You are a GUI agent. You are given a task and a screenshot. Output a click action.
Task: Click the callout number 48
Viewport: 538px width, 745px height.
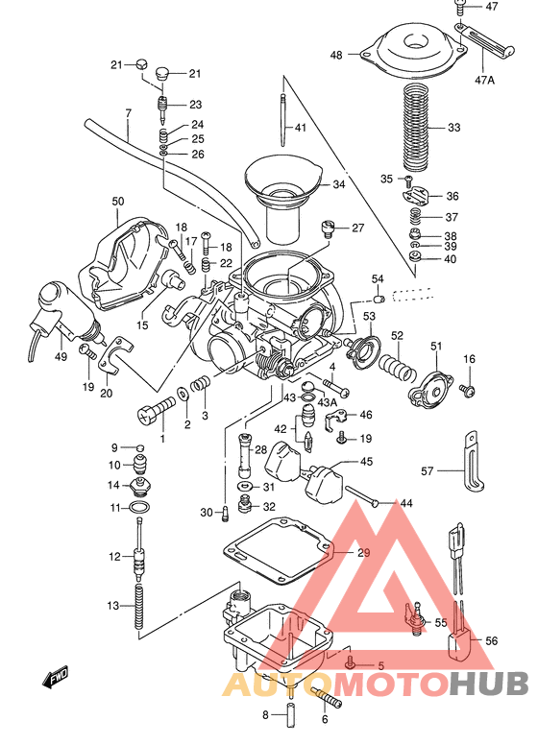(x=336, y=56)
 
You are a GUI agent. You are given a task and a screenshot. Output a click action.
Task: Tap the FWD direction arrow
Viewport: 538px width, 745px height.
(x=53, y=683)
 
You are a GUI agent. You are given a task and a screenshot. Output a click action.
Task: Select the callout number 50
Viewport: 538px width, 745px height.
(x=118, y=202)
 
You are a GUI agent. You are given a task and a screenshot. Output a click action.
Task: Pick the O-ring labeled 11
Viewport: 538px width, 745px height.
(x=138, y=507)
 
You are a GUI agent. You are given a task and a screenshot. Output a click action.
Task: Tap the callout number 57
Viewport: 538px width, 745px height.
(x=428, y=470)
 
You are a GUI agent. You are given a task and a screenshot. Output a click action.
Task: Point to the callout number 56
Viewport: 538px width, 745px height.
(x=492, y=641)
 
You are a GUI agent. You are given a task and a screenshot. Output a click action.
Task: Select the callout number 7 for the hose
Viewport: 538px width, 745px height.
(x=127, y=114)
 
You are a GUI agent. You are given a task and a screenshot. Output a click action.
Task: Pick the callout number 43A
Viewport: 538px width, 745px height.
(x=328, y=401)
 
